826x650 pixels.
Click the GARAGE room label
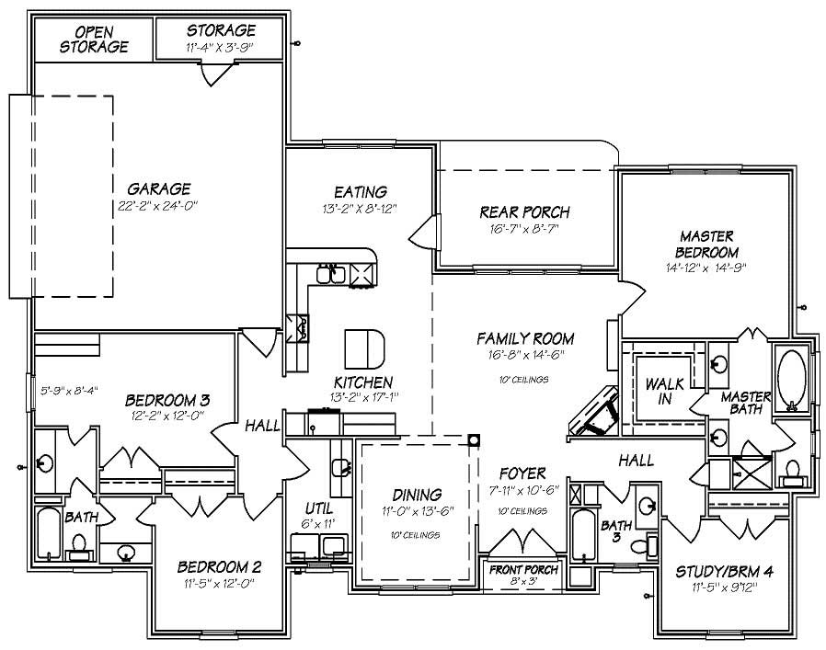pyautogui.click(x=159, y=188)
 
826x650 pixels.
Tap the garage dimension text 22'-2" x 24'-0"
pyautogui.click(x=159, y=205)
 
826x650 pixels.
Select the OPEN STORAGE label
pyautogui.click(x=95, y=40)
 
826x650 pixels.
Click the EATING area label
pyautogui.click(x=360, y=192)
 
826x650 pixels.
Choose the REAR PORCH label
pyautogui.click(x=524, y=212)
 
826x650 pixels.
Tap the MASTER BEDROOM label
pyautogui.click(x=706, y=244)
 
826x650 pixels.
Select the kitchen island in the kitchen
pyautogui.click(x=364, y=348)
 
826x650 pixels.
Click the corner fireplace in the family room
pyautogui.click(x=593, y=409)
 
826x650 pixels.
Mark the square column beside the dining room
pyautogui.click(x=474, y=439)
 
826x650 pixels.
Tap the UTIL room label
pyautogui.click(x=318, y=507)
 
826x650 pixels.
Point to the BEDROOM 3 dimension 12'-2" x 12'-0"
pyautogui.click(x=168, y=416)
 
